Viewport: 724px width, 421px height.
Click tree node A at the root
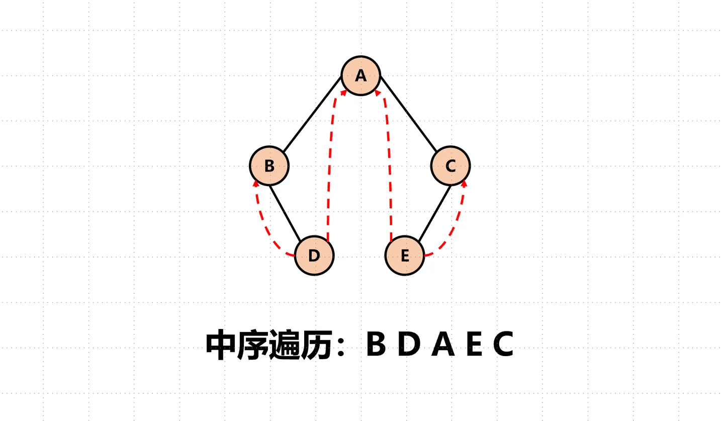coord(360,75)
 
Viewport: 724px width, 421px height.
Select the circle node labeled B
coord(269,166)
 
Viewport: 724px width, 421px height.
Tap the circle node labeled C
coord(450,166)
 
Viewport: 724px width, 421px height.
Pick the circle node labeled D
coord(314,256)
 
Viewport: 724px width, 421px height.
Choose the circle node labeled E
coord(405,256)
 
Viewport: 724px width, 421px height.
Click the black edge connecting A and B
coord(312,113)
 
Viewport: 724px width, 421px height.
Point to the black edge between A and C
coord(409,113)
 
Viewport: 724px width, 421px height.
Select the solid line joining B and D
coord(285,213)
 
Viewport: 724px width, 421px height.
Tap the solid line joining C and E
coord(434,213)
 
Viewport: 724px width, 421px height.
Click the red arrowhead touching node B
coord(255,183)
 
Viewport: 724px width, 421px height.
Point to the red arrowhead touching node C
coord(464,183)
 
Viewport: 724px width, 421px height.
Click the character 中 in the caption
coord(221,345)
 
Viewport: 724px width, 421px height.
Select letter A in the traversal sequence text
coord(443,344)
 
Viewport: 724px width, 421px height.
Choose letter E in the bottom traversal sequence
coord(474,344)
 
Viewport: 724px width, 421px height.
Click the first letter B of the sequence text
coord(376,344)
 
